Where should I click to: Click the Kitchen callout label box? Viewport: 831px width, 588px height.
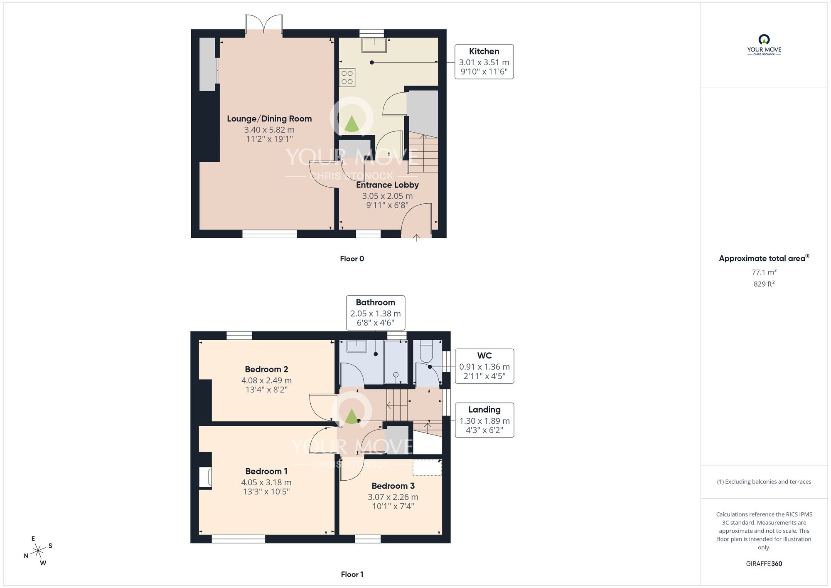[x=484, y=62]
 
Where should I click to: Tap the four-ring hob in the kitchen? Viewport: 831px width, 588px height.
[x=347, y=77]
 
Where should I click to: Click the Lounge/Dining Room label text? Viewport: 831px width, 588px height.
[x=269, y=119]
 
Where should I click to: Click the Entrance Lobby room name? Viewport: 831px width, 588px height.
[x=387, y=185]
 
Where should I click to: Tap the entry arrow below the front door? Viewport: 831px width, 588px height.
[x=416, y=238]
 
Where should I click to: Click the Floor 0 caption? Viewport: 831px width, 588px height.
[x=352, y=259]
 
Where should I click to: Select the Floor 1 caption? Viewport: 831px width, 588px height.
[x=352, y=574]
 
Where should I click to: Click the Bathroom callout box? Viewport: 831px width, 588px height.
[x=376, y=313]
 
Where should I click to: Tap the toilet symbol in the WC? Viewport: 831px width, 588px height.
[x=427, y=351]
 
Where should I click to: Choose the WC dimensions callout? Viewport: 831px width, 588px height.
[x=484, y=366]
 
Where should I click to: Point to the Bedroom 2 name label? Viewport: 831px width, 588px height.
[x=266, y=369]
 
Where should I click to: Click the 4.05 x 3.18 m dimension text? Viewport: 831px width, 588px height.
[x=266, y=482]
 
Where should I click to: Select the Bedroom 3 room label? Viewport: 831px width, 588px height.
[x=393, y=486]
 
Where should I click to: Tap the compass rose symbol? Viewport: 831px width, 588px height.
[x=38, y=551]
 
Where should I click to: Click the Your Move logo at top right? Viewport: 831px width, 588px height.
[x=764, y=45]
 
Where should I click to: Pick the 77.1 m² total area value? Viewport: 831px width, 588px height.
[x=764, y=272]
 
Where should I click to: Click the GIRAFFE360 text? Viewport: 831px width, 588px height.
[x=764, y=564]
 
